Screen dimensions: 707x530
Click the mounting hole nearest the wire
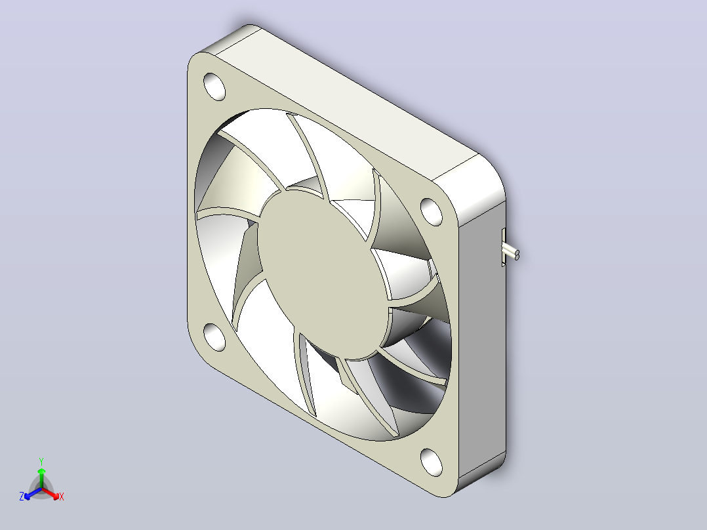(432, 212)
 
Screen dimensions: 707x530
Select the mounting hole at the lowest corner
(432, 462)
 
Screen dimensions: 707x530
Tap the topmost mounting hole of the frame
(214, 86)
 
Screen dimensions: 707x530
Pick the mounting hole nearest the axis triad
(214, 337)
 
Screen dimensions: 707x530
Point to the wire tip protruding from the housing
(517, 255)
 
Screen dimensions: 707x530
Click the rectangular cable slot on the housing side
(503, 247)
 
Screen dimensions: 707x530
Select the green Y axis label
(41, 461)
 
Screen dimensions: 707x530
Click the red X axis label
(62, 497)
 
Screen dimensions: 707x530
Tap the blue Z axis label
(21, 497)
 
